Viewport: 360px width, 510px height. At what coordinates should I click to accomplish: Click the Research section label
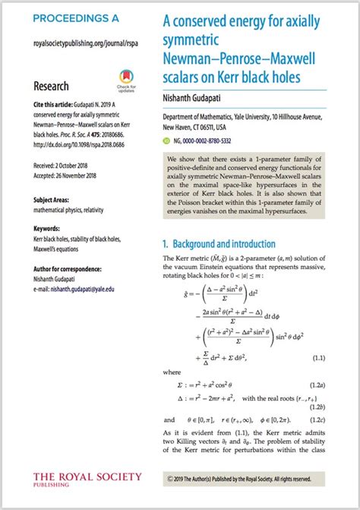[52, 86]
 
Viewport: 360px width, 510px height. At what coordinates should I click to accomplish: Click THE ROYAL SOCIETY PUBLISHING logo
[87, 480]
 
